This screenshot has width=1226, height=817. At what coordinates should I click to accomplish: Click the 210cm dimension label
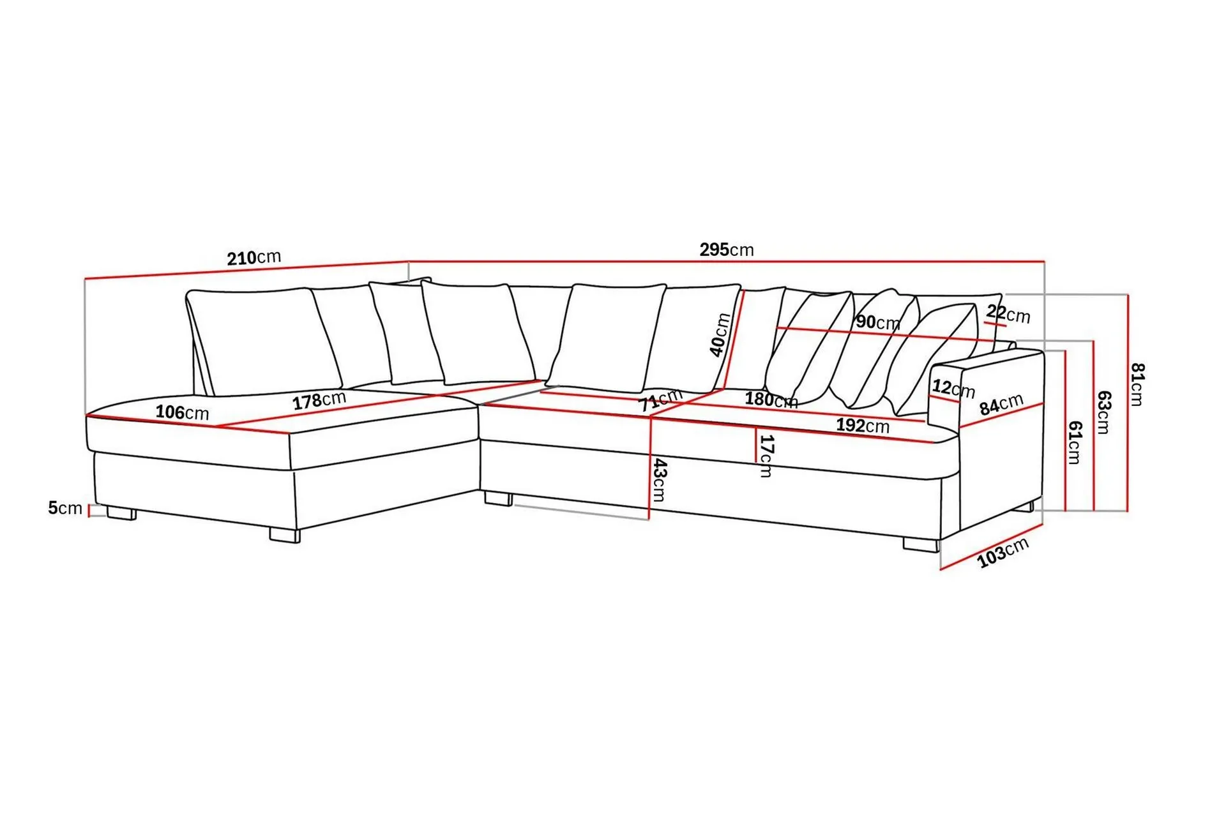(254, 257)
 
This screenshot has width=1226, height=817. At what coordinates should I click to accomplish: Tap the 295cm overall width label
(726, 250)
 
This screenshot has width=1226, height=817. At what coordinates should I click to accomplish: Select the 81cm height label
(1137, 384)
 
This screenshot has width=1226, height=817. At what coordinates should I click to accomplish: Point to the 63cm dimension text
(1103, 412)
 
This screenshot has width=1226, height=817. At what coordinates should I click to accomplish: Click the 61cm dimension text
(1075, 442)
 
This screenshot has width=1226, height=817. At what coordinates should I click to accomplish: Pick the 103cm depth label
(1003, 552)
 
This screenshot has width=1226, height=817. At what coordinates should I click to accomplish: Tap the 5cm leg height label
(65, 508)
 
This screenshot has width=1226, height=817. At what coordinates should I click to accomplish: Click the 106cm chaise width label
(182, 412)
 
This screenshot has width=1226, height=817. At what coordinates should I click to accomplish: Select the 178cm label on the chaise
(319, 401)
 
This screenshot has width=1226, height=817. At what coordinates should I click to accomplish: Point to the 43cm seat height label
(659, 480)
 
